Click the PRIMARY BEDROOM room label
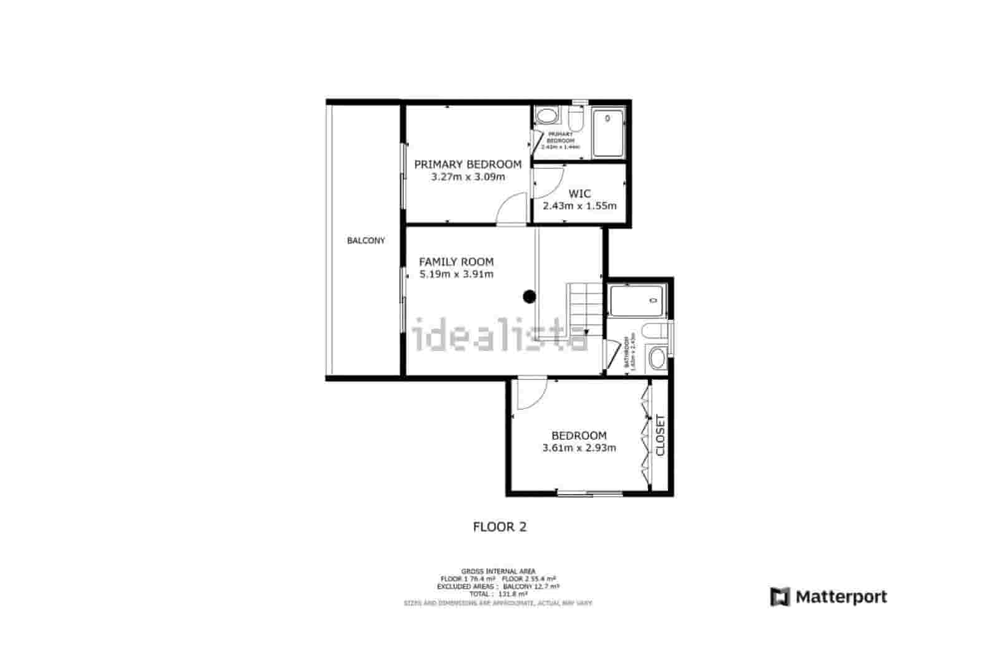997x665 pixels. pyautogui.click(x=467, y=165)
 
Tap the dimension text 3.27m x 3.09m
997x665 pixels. pyautogui.click(x=467, y=177)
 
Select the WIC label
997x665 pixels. pyautogui.click(x=580, y=194)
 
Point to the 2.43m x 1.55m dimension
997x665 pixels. pyautogui.click(x=580, y=206)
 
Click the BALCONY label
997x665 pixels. pyautogui.click(x=366, y=241)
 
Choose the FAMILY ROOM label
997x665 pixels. pyautogui.click(x=456, y=262)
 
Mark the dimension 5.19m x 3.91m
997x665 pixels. pyautogui.click(x=456, y=274)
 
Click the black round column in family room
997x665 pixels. pyautogui.click(x=529, y=297)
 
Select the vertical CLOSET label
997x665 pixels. pyautogui.click(x=661, y=435)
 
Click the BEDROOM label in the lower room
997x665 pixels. pyautogui.click(x=579, y=436)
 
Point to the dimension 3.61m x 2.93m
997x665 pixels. pyautogui.click(x=579, y=447)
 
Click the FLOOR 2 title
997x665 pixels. pyautogui.click(x=500, y=527)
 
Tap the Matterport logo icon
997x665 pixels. pyautogui.click(x=780, y=597)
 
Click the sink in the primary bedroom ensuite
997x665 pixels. pyautogui.click(x=548, y=116)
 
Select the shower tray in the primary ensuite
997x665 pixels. pyautogui.click(x=608, y=133)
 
